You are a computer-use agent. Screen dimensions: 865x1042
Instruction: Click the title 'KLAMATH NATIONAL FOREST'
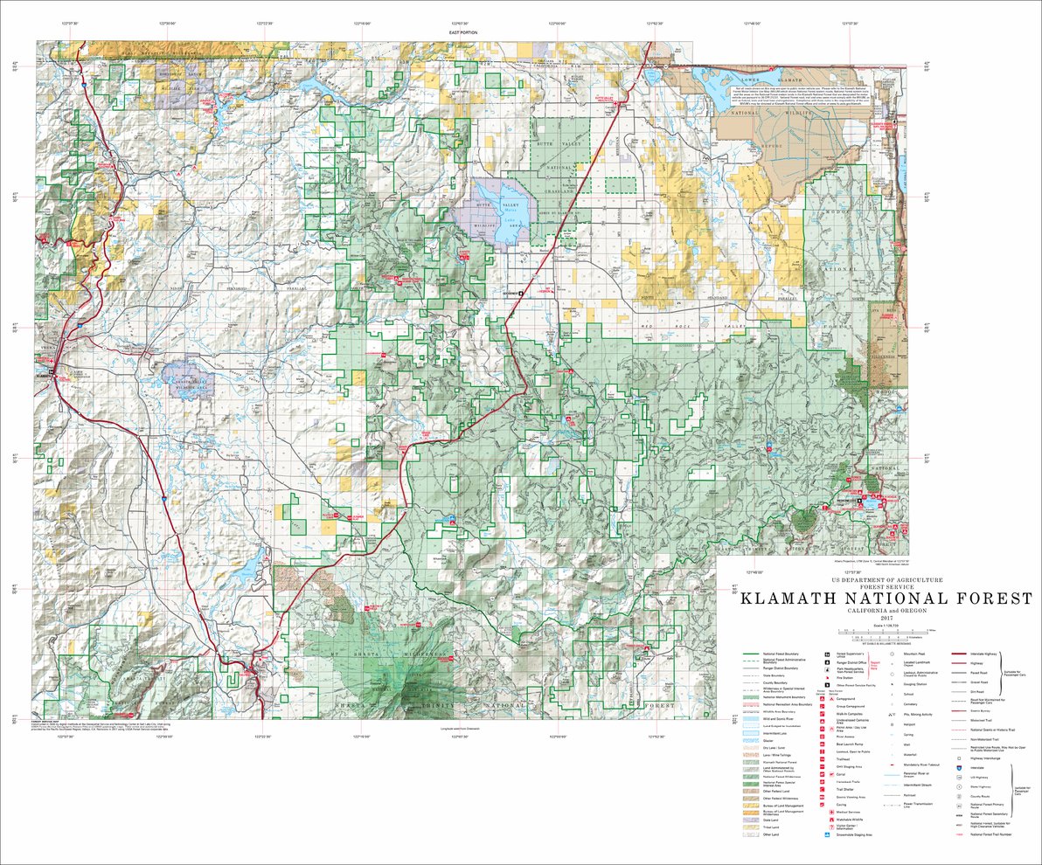click(x=886, y=599)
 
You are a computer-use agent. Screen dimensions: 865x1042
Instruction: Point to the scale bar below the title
click(x=886, y=632)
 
